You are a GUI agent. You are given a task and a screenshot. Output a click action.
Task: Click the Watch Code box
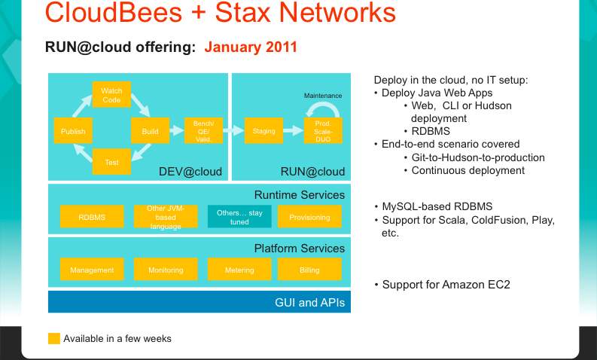pos(111,94)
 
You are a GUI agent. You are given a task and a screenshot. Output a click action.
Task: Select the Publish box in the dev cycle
pos(73,130)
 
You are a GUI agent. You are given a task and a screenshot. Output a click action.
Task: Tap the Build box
pos(150,130)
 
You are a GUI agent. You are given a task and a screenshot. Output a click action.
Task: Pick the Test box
pos(111,161)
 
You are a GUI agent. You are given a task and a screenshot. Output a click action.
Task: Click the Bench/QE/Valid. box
pos(203,130)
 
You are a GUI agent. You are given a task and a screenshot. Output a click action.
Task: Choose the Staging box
pos(263,130)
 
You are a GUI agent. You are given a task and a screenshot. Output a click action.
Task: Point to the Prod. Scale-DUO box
pos(323,130)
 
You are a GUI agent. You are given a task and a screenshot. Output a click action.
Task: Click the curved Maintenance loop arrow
pos(324,105)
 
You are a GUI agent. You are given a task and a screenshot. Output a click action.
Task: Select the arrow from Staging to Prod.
pos(294,130)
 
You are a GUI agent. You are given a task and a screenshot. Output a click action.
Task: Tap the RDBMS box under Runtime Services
pos(92,216)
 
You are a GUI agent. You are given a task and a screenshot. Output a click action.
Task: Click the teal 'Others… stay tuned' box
pos(239,216)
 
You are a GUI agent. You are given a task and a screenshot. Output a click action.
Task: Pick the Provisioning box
pos(309,216)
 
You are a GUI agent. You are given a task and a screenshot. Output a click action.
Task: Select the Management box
pos(92,270)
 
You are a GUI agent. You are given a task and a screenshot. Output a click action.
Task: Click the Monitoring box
pos(166,270)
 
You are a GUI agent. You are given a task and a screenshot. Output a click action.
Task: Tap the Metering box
pos(239,270)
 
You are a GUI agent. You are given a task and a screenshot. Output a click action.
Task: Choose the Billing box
pos(309,270)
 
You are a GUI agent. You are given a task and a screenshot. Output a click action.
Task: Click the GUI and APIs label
pos(310,303)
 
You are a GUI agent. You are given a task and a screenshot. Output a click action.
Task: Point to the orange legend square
pos(54,339)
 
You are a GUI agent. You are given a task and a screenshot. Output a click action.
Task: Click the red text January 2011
pos(251,47)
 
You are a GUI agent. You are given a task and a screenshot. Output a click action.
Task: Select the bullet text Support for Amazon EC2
pos(446,285)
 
